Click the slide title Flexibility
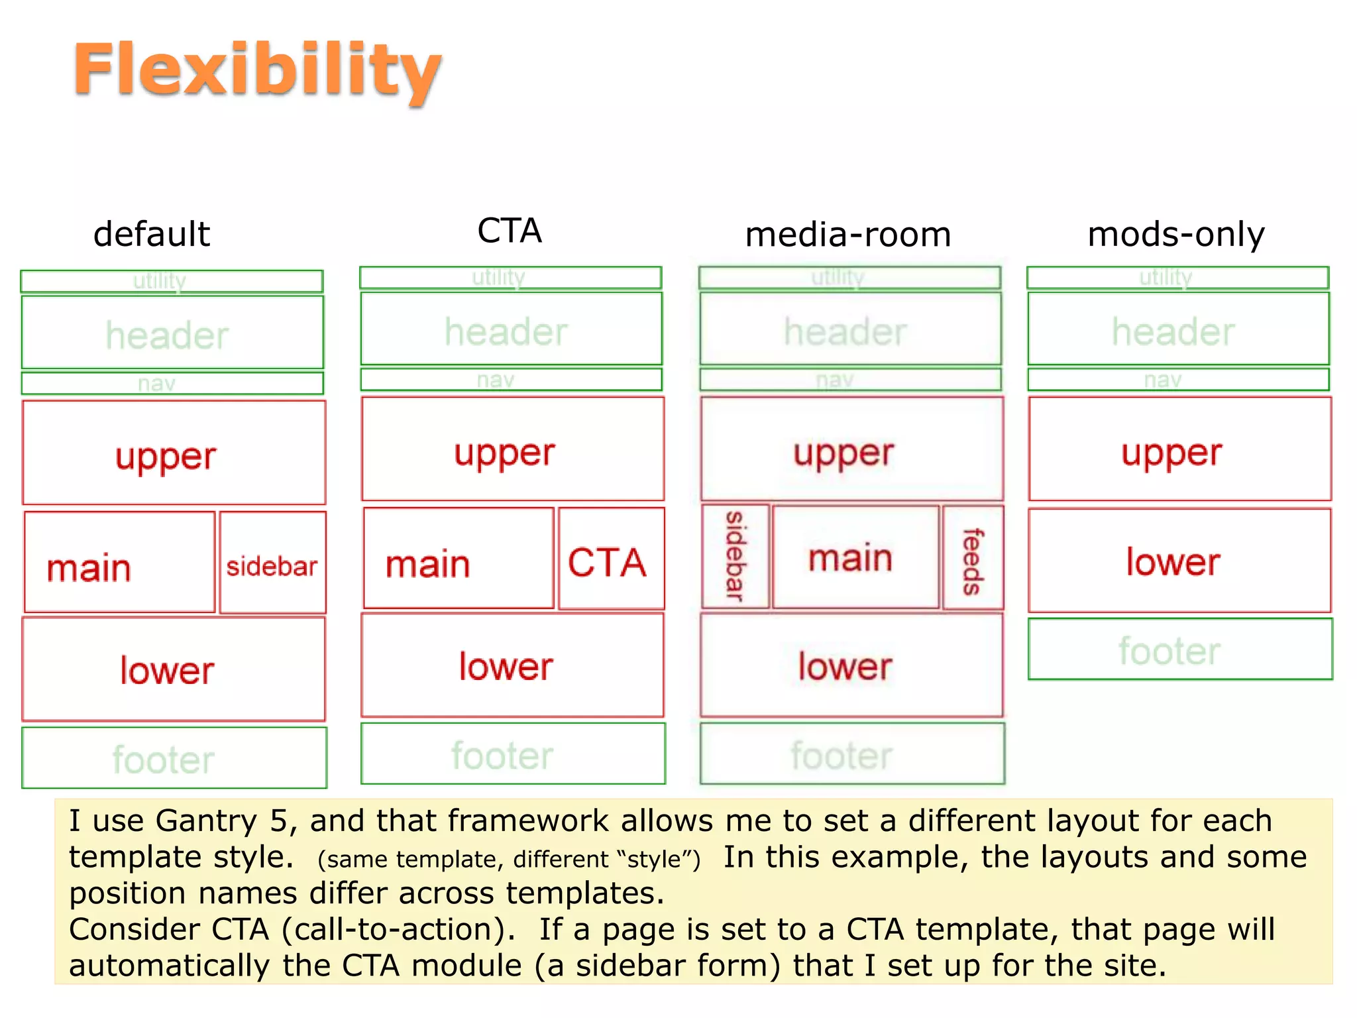[x=257, y=70]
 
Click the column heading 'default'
[x=152, y=235]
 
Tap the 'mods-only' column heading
[x=1176, y=235]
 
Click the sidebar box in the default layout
[x=272, y=562]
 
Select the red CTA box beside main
[x=611, y=559]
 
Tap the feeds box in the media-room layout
[x=973, y=557]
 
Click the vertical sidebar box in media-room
[x=735, y=557]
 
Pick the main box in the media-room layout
[x=855, y=557]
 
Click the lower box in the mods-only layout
[x=1179, y=561]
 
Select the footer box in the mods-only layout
[x=1179, y=650]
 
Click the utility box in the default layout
[x=172, y=281]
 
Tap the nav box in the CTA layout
[x=511, y=380]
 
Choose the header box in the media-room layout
[x=850, y=329]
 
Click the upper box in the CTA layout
[x=512, y=449]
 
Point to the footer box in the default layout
[x=174, y=758]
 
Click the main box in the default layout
[x=119, y=562]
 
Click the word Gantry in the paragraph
[x=205, y=821]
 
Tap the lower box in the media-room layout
[x=851, y=665]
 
